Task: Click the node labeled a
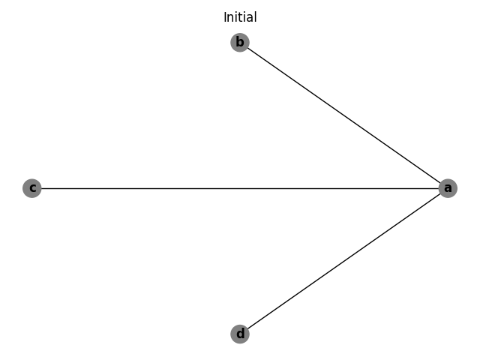(x=448, y=188)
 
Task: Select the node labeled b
(x=239, y=42)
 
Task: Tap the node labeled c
(x=31, y=188)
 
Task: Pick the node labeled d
(x=239, y=334)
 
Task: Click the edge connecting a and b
(x=343, y=115)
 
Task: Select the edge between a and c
(x=240, y=188)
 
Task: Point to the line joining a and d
(x=343, y=261)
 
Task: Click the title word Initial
(x=240, y=17)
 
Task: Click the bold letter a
(x=448, y=188)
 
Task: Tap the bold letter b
(x=239, y=42)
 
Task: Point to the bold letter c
(x=31, y=188)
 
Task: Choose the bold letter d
(x=239, y=334)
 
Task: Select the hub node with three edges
(x=448, y=188)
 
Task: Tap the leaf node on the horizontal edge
(x=31, y=188)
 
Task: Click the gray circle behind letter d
(x=239, y=334)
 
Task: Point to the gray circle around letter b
(x=239, y=42)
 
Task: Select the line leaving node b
(x=300, y=85)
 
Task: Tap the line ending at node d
(x=300, y=292)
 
